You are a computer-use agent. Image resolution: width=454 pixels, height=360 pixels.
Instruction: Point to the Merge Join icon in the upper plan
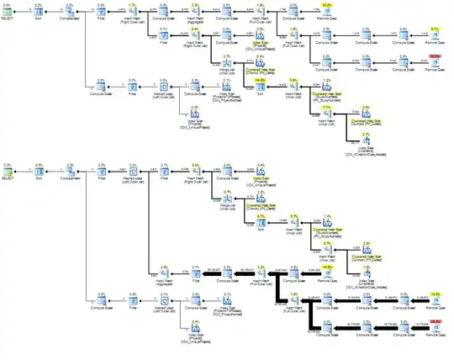[225, 65]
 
